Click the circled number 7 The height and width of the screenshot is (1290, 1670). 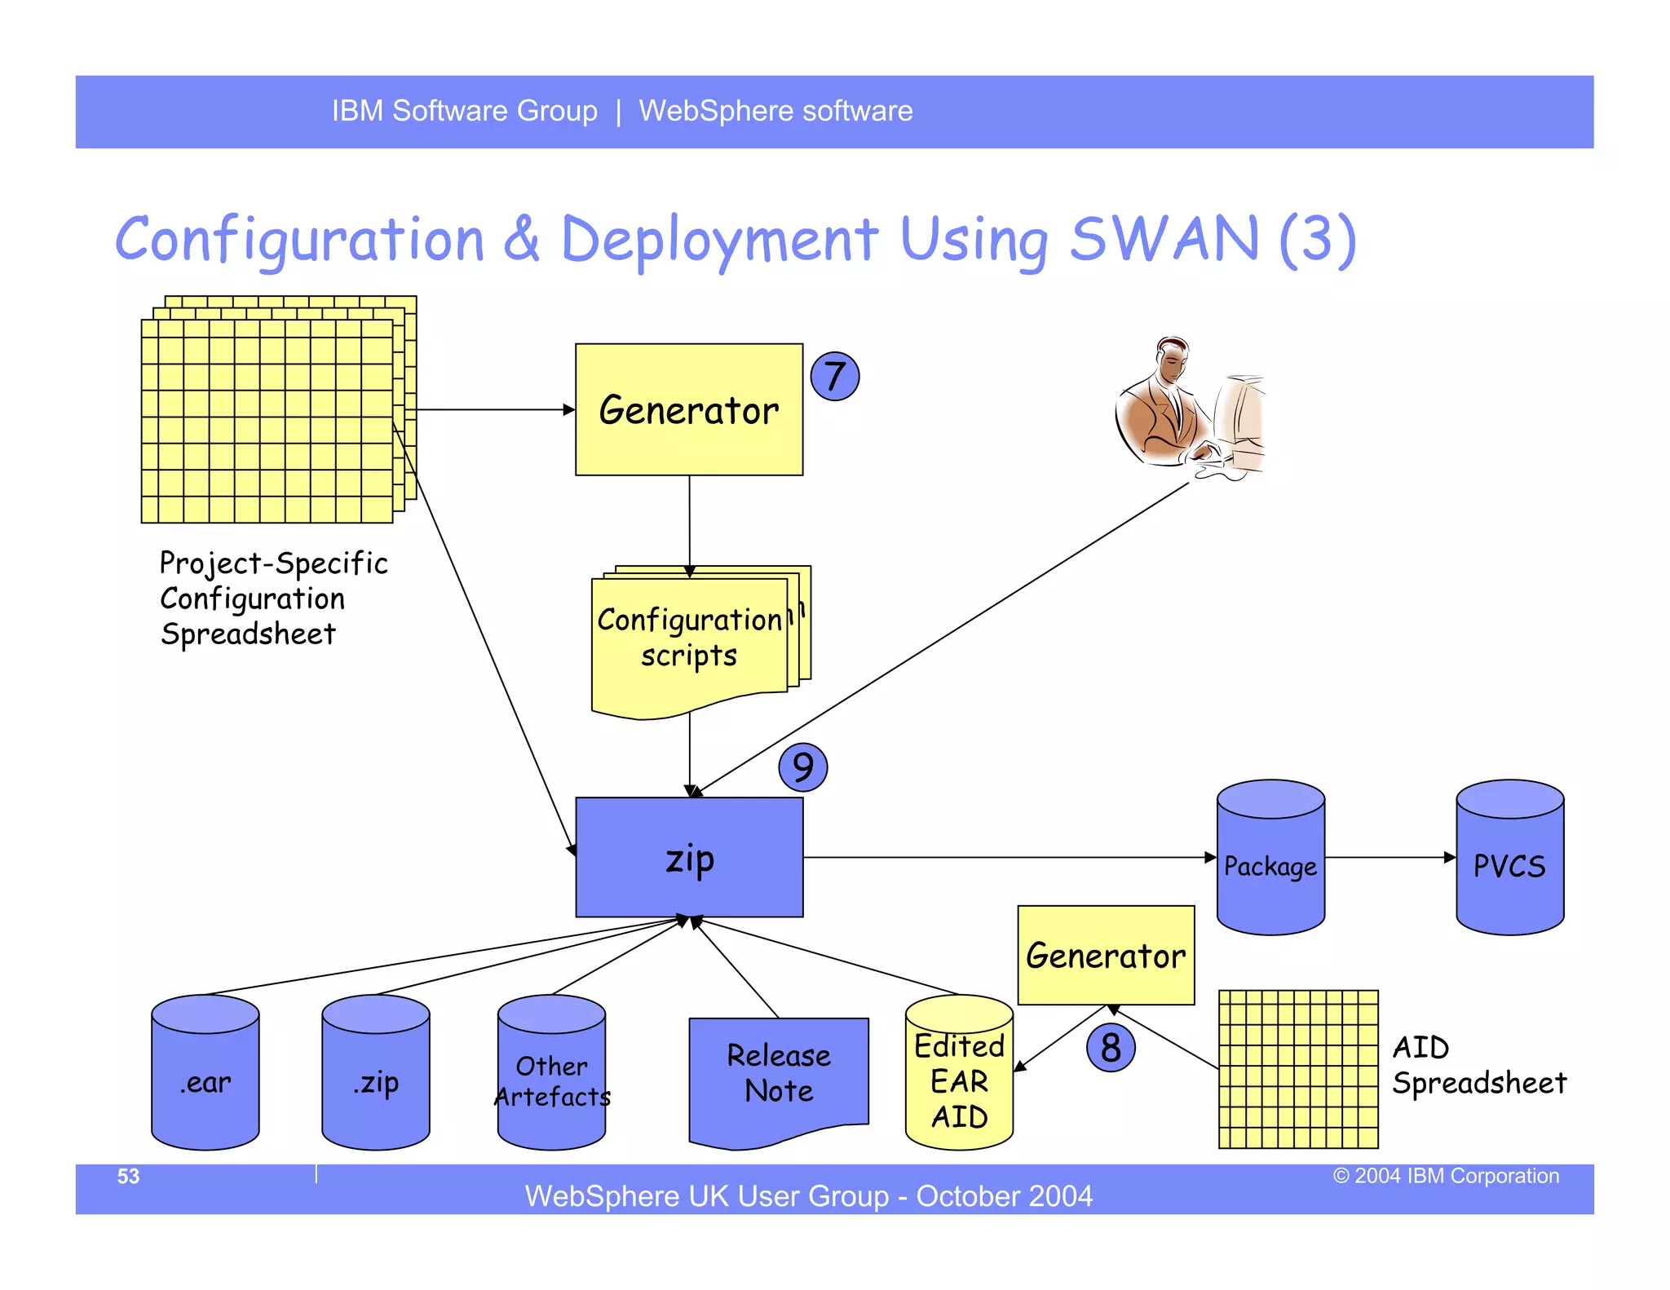tap(834, 376)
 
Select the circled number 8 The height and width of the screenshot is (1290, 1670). tap(1111, 1048)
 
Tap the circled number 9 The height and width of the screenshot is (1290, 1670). tap(802, 767)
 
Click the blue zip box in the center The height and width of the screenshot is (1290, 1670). tap(689, 858)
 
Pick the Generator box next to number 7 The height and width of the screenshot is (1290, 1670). tap(689, 409)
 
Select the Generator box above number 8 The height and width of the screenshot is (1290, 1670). tap(1106, 955)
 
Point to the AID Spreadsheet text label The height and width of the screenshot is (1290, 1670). tap(1478, 1065)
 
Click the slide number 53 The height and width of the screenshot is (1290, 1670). tap(129, 1176)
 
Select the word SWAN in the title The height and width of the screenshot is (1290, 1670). tap(1164, 240)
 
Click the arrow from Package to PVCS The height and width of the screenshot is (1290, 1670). tap(1389, 857)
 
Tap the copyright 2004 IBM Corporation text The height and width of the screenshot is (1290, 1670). tap(1446, 1176)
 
